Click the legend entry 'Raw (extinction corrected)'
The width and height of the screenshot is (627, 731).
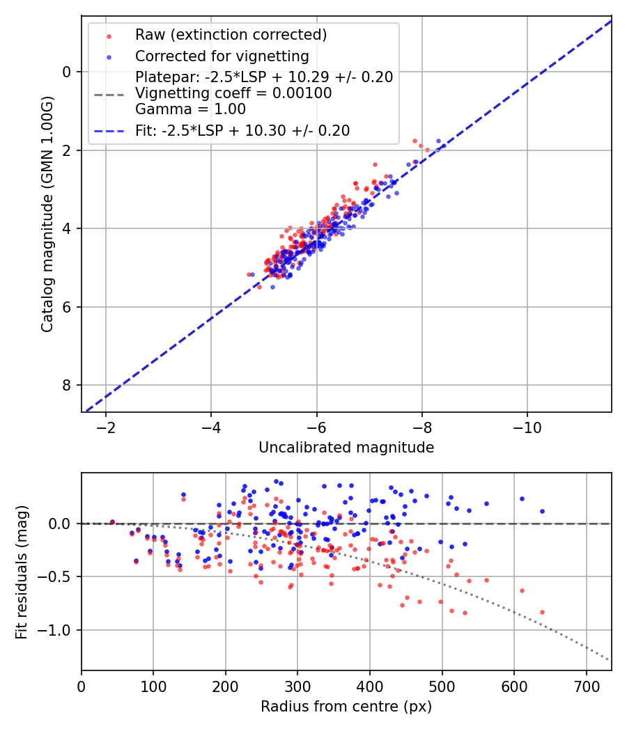(231, 35)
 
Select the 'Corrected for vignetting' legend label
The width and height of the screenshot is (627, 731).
(222, 56)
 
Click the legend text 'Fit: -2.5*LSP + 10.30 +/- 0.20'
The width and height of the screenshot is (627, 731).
(242, 130)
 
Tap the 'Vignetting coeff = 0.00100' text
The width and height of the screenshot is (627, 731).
(233, 93)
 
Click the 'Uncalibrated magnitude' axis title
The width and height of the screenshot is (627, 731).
(346, 448)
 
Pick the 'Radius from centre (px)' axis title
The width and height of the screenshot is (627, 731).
(346, 707)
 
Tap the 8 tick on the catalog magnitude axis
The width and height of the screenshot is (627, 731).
(67, 385)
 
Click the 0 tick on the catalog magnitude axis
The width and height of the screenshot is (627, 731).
(67, 72)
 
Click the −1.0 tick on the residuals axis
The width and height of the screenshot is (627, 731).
(61, 630)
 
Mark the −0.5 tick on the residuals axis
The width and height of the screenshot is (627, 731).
(61, 576)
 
